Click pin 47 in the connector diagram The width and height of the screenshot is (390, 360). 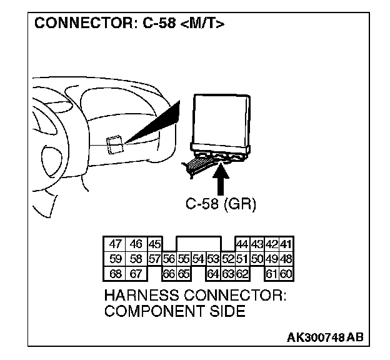114,244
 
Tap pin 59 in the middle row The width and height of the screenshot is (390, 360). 114,259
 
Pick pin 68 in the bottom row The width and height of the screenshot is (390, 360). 114,273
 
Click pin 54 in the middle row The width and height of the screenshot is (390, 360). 197,259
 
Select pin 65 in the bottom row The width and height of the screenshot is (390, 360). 183,273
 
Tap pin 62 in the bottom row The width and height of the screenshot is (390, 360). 242,273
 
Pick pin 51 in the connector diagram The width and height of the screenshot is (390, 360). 242,259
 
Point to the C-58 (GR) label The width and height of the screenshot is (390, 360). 221,204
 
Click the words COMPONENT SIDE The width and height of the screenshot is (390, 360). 174,311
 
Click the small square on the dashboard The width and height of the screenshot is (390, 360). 113,144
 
